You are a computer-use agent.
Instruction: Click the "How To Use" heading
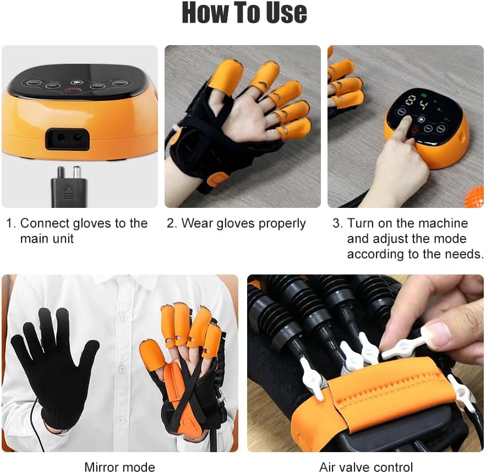(x=244, y=13)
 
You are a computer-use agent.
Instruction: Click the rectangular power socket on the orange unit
(x=67, y=139)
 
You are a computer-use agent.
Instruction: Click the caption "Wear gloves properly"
(x=243, y=223)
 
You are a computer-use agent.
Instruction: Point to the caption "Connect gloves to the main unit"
(x=77, y=231)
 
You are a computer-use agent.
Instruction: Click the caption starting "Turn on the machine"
(x=407, y=239)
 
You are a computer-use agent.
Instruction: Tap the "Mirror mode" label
(x=119, y=467)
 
